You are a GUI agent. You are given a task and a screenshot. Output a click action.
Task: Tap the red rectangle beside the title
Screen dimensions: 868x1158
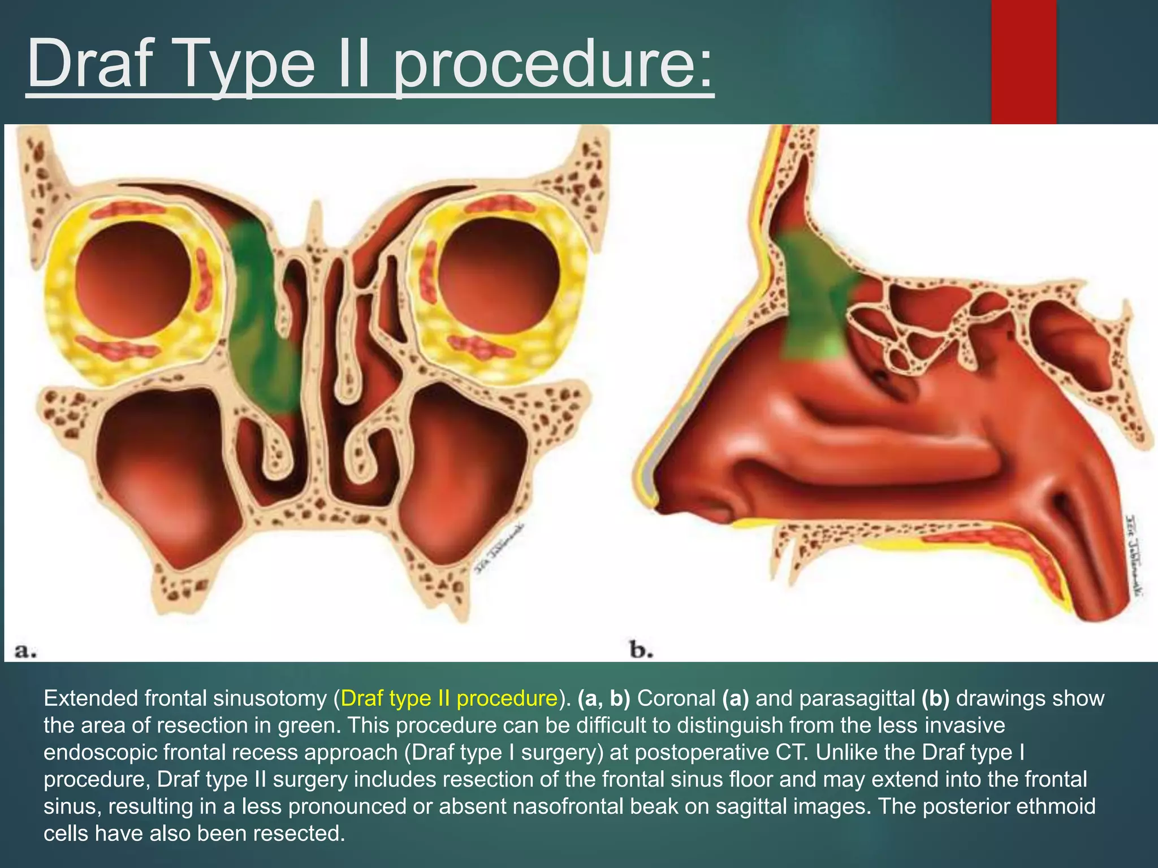(x=1023, y=61)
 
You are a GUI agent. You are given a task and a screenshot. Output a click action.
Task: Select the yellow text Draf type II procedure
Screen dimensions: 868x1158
(x=450, y=698)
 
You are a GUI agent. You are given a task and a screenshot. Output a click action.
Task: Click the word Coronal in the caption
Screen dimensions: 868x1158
(x=676, y=698)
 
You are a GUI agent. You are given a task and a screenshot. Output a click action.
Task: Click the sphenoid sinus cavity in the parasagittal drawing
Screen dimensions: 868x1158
(x=1069, y=345)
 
